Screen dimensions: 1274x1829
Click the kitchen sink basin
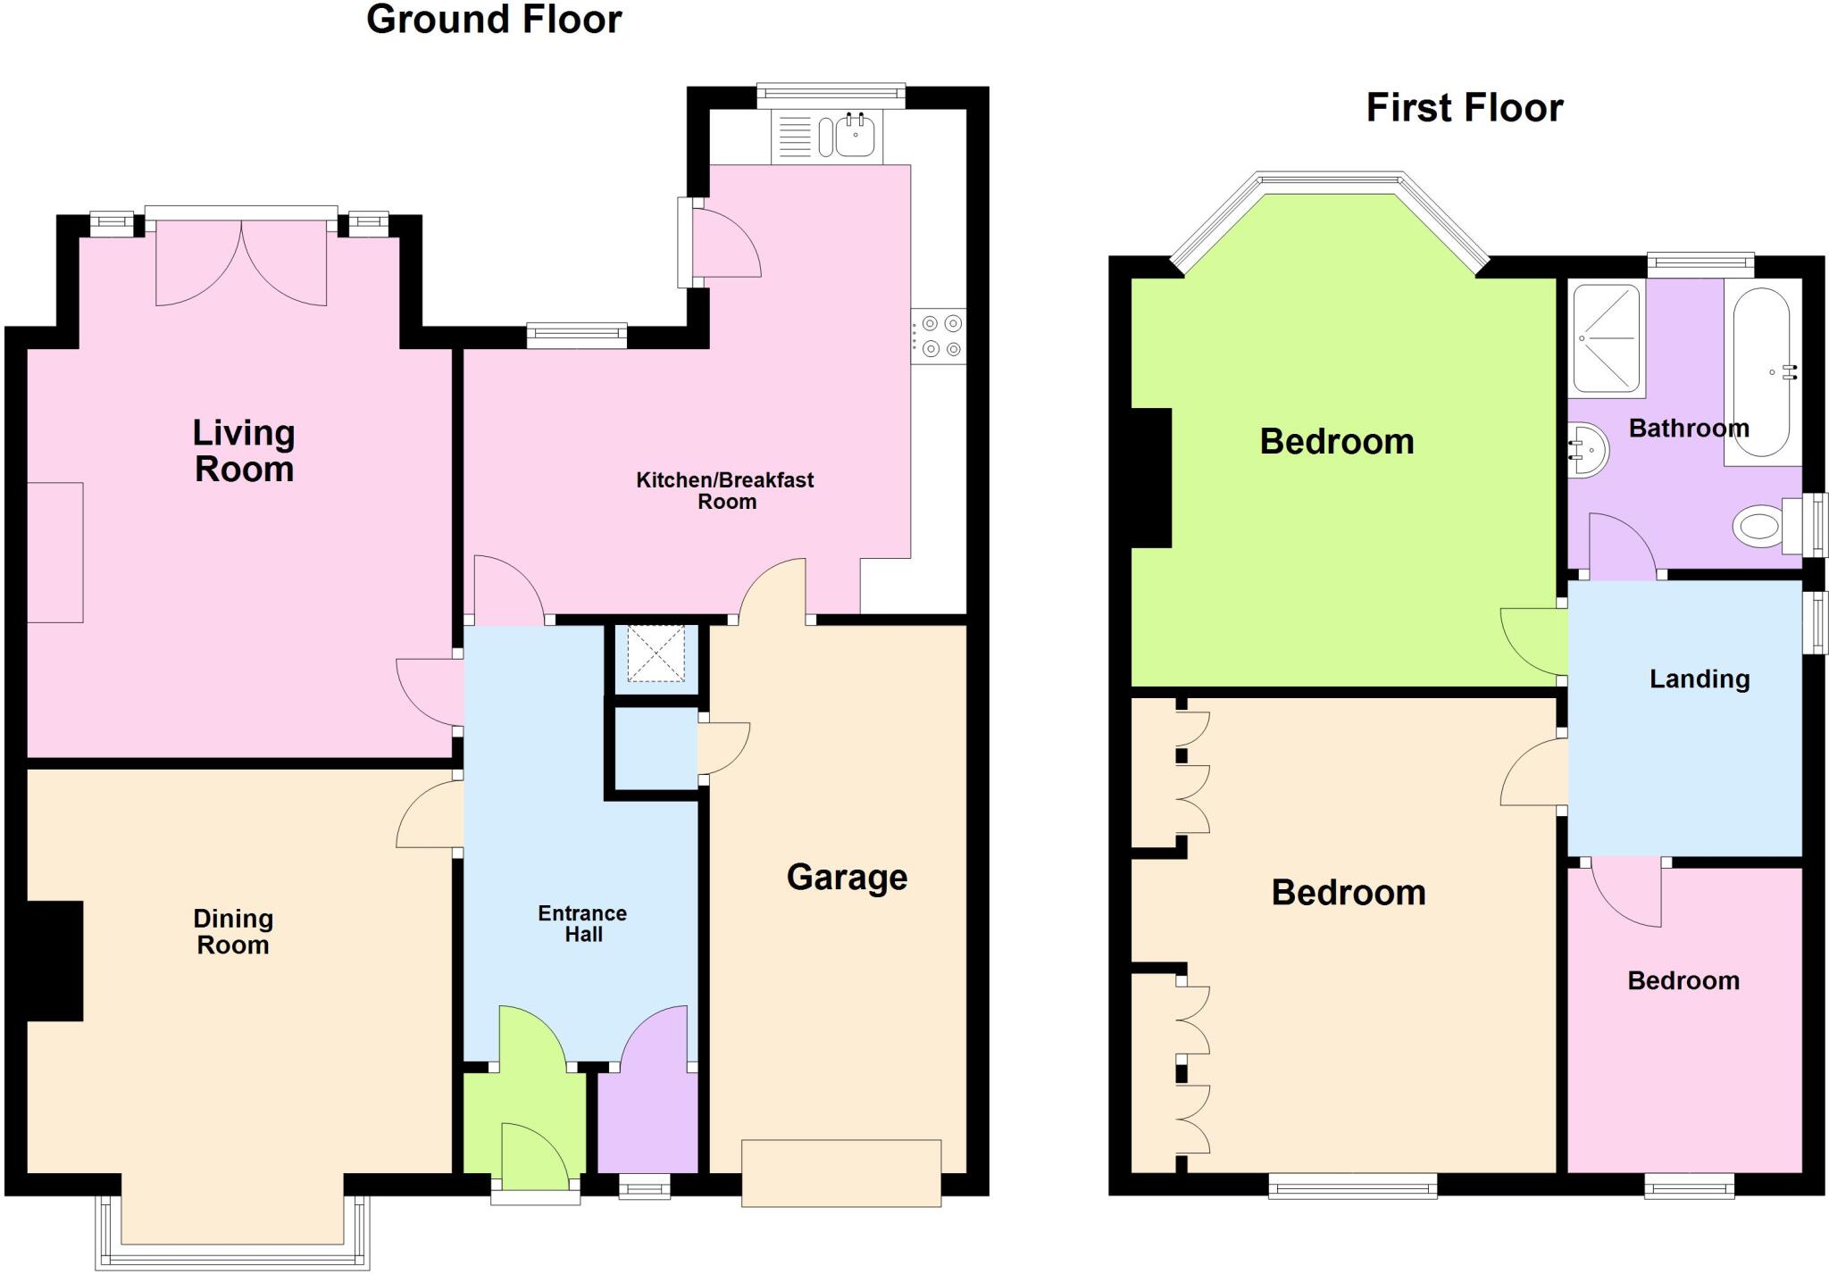coord(855,137)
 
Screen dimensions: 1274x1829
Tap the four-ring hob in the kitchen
coord(940,336)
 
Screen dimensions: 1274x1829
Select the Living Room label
coord(244,451)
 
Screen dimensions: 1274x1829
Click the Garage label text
coord(847,877)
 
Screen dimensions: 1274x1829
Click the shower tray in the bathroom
coord(1607,339)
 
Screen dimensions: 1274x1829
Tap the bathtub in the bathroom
coord(1761,373)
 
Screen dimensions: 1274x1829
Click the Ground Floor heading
coord(494,20)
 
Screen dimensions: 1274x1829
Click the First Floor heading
coord(1465,108)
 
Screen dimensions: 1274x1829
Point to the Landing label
coord(1699,679)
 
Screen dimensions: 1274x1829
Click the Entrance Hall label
coord(582,924)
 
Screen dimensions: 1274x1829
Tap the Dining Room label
coord(233,931)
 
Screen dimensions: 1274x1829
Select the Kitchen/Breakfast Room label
coord(725,490)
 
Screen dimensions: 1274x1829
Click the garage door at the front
coord(841,1172)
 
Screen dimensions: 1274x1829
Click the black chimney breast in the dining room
coord(54,961)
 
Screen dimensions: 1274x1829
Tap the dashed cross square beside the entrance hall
coord(656,654)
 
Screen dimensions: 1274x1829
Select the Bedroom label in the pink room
coord(1683,981)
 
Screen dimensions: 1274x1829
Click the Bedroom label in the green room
coord(1336,442)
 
